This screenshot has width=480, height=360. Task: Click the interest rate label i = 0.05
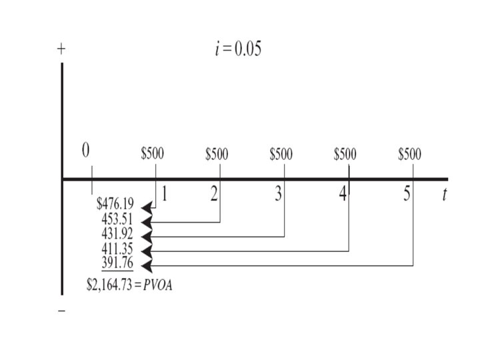[238, 50]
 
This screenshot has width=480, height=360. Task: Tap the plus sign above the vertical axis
[61, 49]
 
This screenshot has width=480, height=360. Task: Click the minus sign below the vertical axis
[61, 310]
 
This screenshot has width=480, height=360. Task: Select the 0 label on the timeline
[85, 151]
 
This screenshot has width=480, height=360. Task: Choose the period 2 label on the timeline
[214, 195]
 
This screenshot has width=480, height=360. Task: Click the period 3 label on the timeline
[278, 195]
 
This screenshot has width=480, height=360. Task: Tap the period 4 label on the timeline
[342, 195]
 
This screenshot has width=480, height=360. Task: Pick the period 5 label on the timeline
[407, 195]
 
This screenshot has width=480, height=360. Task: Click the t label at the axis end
[444, 195]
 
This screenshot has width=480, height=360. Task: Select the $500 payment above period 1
[152, 154]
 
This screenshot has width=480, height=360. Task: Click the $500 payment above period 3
[281, 154]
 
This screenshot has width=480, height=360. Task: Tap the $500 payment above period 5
[409, 154]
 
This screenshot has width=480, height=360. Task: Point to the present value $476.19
[115, 203]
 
